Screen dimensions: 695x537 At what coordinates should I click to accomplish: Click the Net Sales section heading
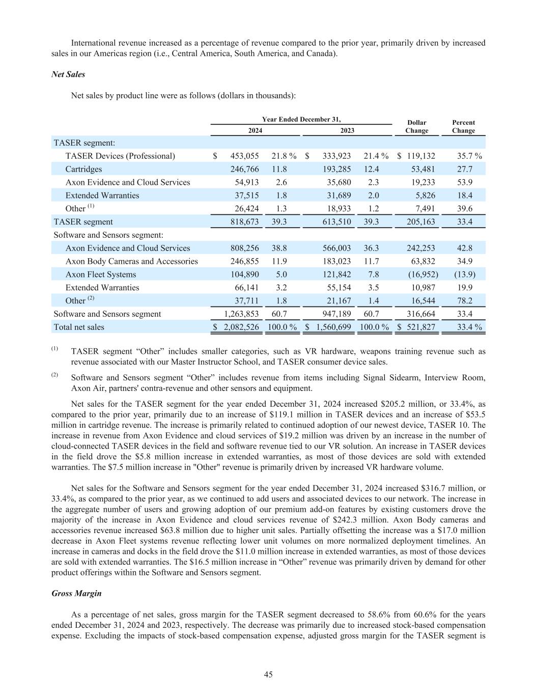(68, 74)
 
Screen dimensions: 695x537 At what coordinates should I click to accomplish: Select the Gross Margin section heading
(76, 593)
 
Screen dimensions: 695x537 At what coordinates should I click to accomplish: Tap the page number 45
(268, 675)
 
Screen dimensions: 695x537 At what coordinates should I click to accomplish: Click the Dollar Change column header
(416, 126)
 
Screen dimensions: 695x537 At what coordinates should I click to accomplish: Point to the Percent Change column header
(463, 126)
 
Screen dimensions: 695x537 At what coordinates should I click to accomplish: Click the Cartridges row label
(83, 169)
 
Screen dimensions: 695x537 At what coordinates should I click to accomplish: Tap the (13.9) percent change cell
(464, 274)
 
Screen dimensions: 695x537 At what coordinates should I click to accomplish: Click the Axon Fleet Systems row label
(101, 274)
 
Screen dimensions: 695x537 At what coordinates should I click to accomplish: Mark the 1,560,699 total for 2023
(333, 327)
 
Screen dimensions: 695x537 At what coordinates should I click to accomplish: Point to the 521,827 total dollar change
(421, 327)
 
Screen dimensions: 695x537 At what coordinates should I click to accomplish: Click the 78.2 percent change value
(464, 301)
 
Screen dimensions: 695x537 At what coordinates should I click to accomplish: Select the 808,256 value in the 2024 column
(244, 248)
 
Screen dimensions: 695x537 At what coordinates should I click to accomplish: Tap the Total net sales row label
(79, 327)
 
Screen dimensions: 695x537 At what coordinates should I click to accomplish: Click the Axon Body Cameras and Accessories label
(131, 261)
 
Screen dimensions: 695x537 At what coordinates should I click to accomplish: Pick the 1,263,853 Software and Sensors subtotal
(241, 314)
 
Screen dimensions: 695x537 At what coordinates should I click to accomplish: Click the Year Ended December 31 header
(301, 119)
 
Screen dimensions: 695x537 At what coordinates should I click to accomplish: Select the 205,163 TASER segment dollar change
(421, 221)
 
